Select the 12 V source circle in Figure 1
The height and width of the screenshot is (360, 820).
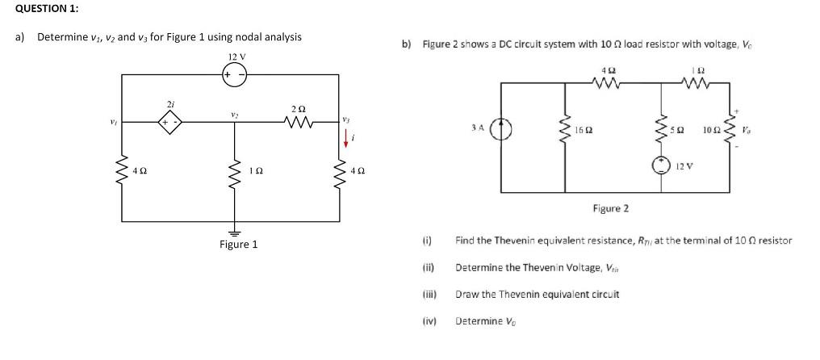point(235,75)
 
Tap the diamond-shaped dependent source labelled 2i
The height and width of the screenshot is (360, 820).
point(169,123)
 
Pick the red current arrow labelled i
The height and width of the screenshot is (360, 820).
point(344,140)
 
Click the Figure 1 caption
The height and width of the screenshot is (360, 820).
point(238,244)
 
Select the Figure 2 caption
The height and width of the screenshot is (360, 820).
point(611,208)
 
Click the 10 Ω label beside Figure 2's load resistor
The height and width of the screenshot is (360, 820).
point(712,130)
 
